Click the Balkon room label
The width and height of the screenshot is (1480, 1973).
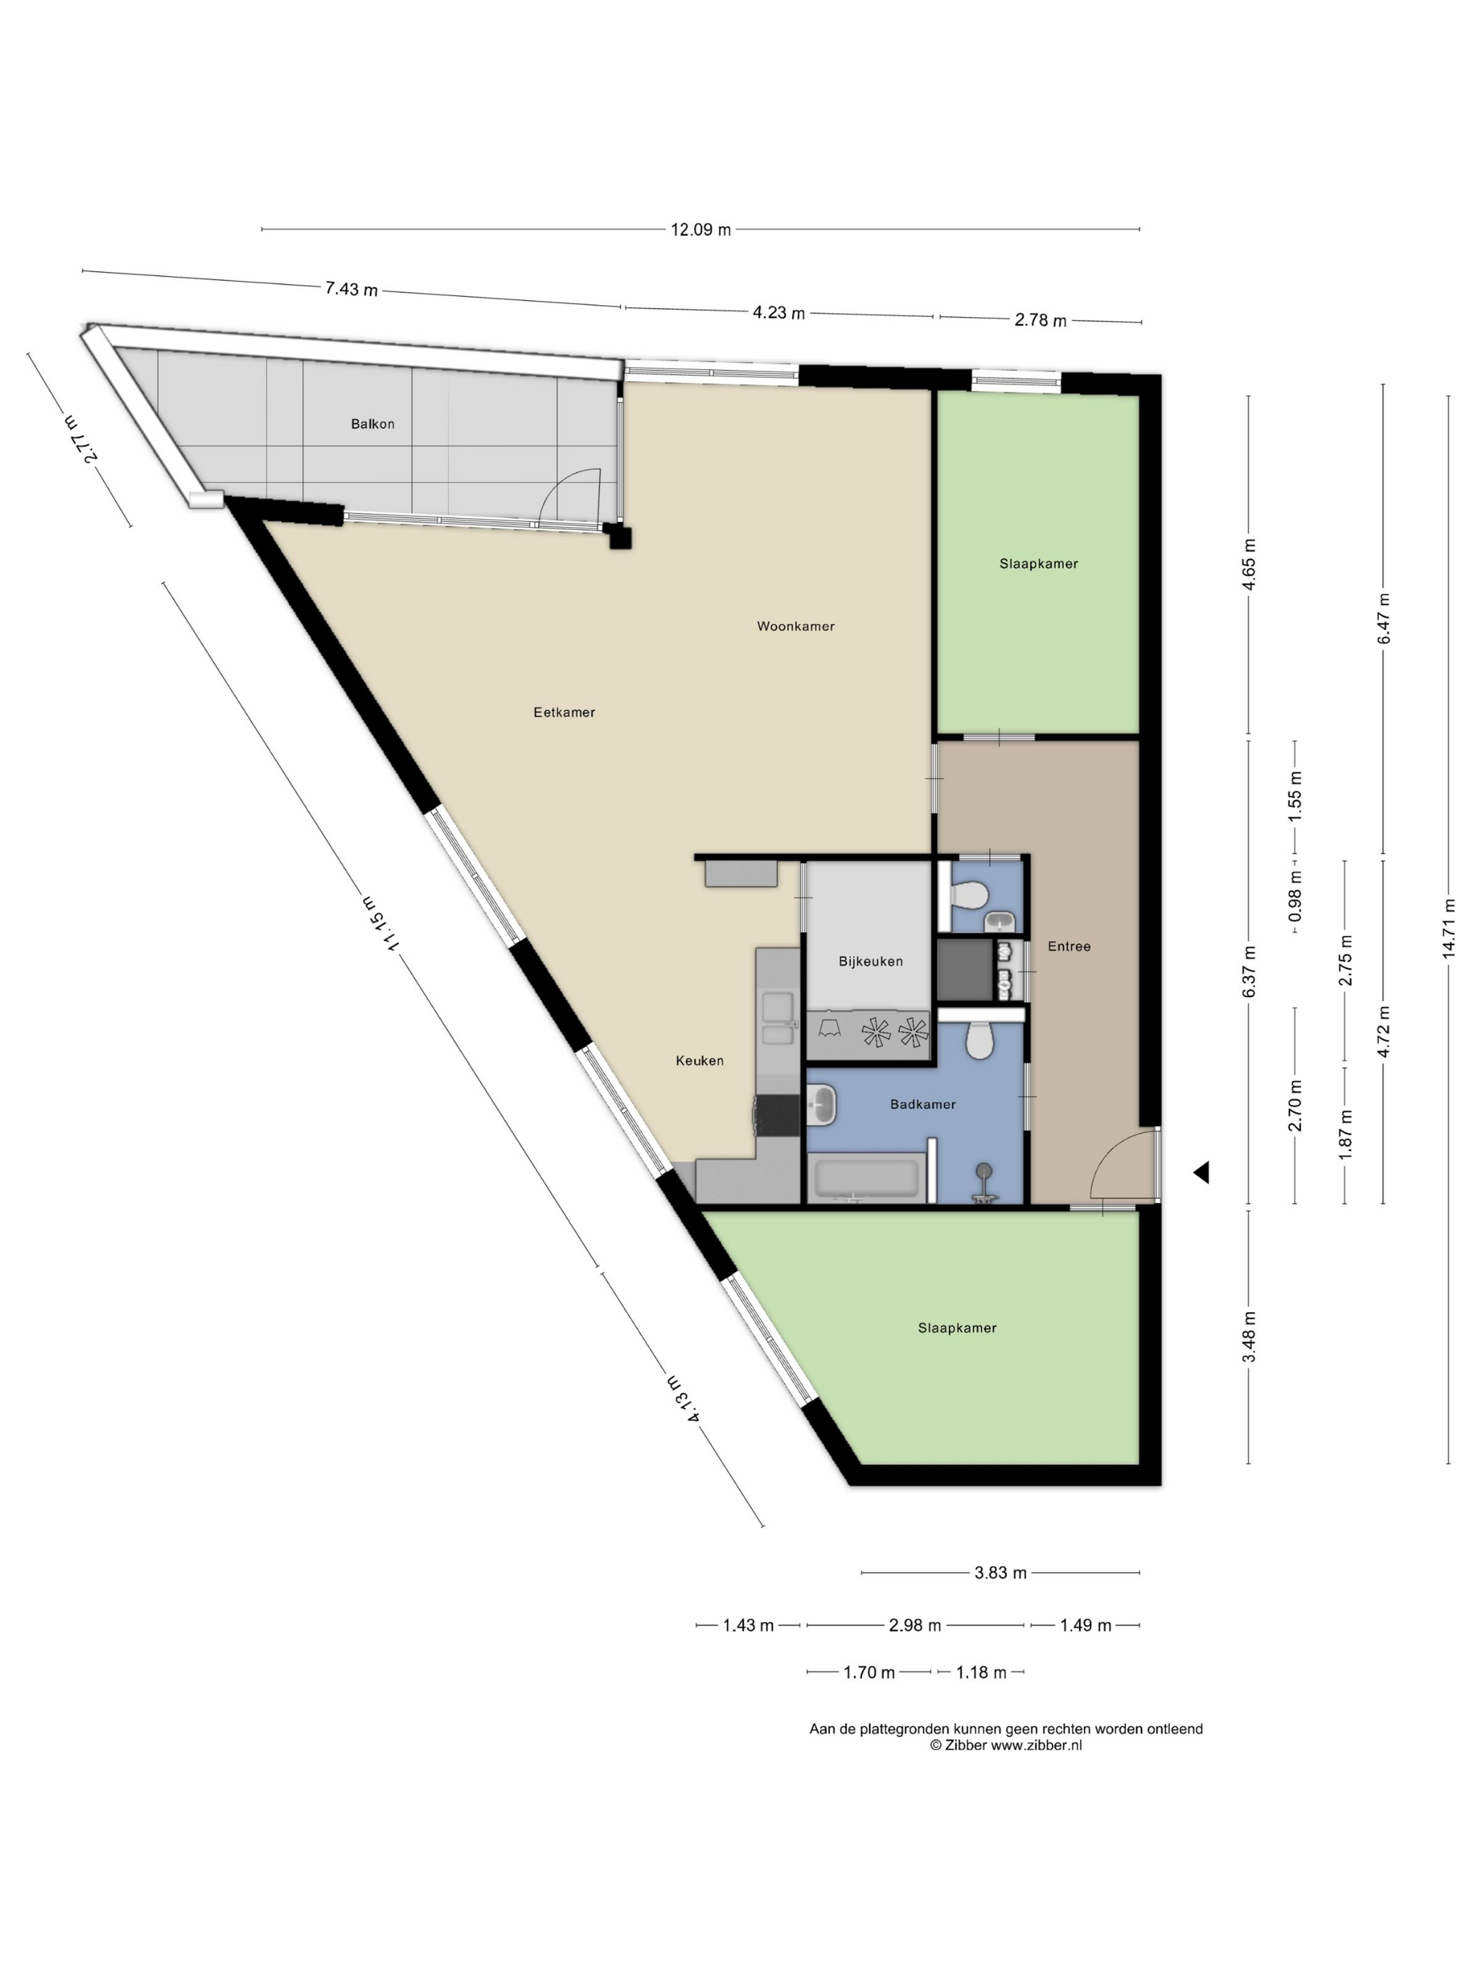pyautogui.click(x=372, y=423)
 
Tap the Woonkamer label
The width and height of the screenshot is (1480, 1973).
pyautogui.click(x=796, y=626)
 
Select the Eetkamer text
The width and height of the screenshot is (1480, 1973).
pyautogui.click(x=564, y=712)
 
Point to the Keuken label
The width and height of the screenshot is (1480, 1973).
pyautogui.click(x=699, y=1060)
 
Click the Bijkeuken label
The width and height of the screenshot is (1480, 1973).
pyautogui.click(x=870, y=962)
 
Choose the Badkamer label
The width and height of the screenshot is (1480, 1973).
pyautogui.click(x=923, y=1104)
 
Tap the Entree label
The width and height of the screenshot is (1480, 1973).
pyautogui.click(x=1068, y=946)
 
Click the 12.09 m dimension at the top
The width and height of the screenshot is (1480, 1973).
pyautogui.click(x=701, y=229)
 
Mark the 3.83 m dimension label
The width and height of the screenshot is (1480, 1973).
pyautogui.click(x=1000, y=1597)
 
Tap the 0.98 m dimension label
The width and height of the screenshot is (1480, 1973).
pyautogui.click(x=1295, y=896)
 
